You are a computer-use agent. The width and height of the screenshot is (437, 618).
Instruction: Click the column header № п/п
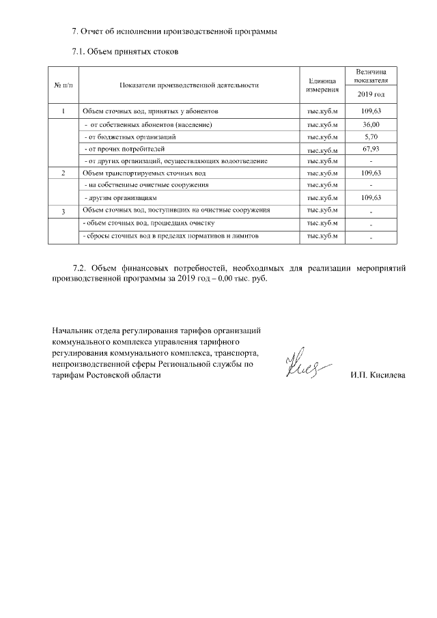(x=64, y=85)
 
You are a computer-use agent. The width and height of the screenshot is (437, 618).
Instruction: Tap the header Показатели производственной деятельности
(x=189, y=85)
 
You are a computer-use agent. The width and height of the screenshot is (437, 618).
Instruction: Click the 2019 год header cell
(x=371, y=94)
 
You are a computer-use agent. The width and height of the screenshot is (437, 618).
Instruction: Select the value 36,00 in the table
(x=371, y=125)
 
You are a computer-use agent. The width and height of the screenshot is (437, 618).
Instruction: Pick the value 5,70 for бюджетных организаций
(x=371, y=137)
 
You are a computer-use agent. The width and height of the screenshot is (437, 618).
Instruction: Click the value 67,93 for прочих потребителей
(x=371, y=148)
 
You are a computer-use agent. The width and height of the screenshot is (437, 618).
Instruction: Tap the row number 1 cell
(x=64, y=111)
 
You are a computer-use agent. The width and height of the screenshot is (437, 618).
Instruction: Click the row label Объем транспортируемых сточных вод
(x=144, y=173)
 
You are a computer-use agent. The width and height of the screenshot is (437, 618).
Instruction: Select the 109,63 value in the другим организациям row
(x=371, y=197)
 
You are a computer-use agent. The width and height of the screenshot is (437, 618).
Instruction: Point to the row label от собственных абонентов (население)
(x=147, y=125)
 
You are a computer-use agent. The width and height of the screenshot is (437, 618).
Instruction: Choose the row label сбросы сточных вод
(x=160, y=236)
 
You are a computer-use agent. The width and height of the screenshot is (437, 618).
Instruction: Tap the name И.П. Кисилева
(x=377, y=376)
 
